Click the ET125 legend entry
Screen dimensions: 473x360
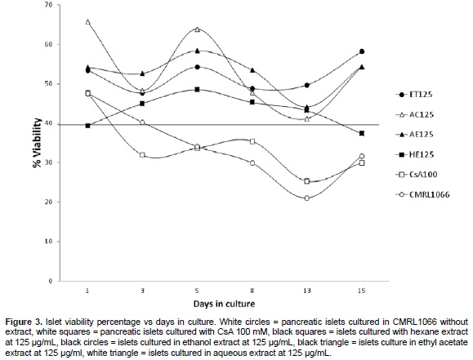click(x=414, y=95)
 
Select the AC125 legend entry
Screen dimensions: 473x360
click(x=414, y=114)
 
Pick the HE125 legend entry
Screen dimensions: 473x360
click(x=414, y=154)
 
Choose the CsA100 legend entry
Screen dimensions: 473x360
click(x=416, y=175)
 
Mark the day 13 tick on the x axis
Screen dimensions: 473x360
click(x=307, y=291)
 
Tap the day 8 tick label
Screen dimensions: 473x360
click(x=252, y=291)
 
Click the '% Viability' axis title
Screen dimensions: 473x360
click(x=38, y=143)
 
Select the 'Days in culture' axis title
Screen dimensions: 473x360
click(x=224, y=304)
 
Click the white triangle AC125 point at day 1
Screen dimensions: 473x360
click(x=87, y=22)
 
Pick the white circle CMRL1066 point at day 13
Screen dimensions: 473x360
click(x=307, y=198)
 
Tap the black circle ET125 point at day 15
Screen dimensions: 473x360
click(x=362, y=51)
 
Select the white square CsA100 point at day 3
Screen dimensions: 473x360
click(x=142, y=155)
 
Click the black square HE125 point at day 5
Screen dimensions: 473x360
click(x=197, y=90)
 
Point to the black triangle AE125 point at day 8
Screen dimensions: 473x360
click(x=252, y=70)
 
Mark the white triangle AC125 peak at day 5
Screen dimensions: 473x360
click(x=197, y=29)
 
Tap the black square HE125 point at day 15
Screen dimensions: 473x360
click(x=362, y=133)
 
